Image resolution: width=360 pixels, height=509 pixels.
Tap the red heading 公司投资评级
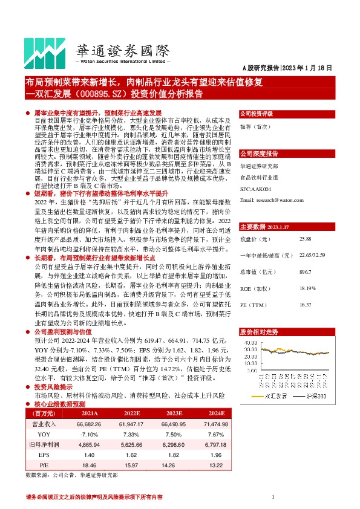click(x=257, y=114)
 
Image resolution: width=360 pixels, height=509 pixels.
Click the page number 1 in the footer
click(x=273, y=497)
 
